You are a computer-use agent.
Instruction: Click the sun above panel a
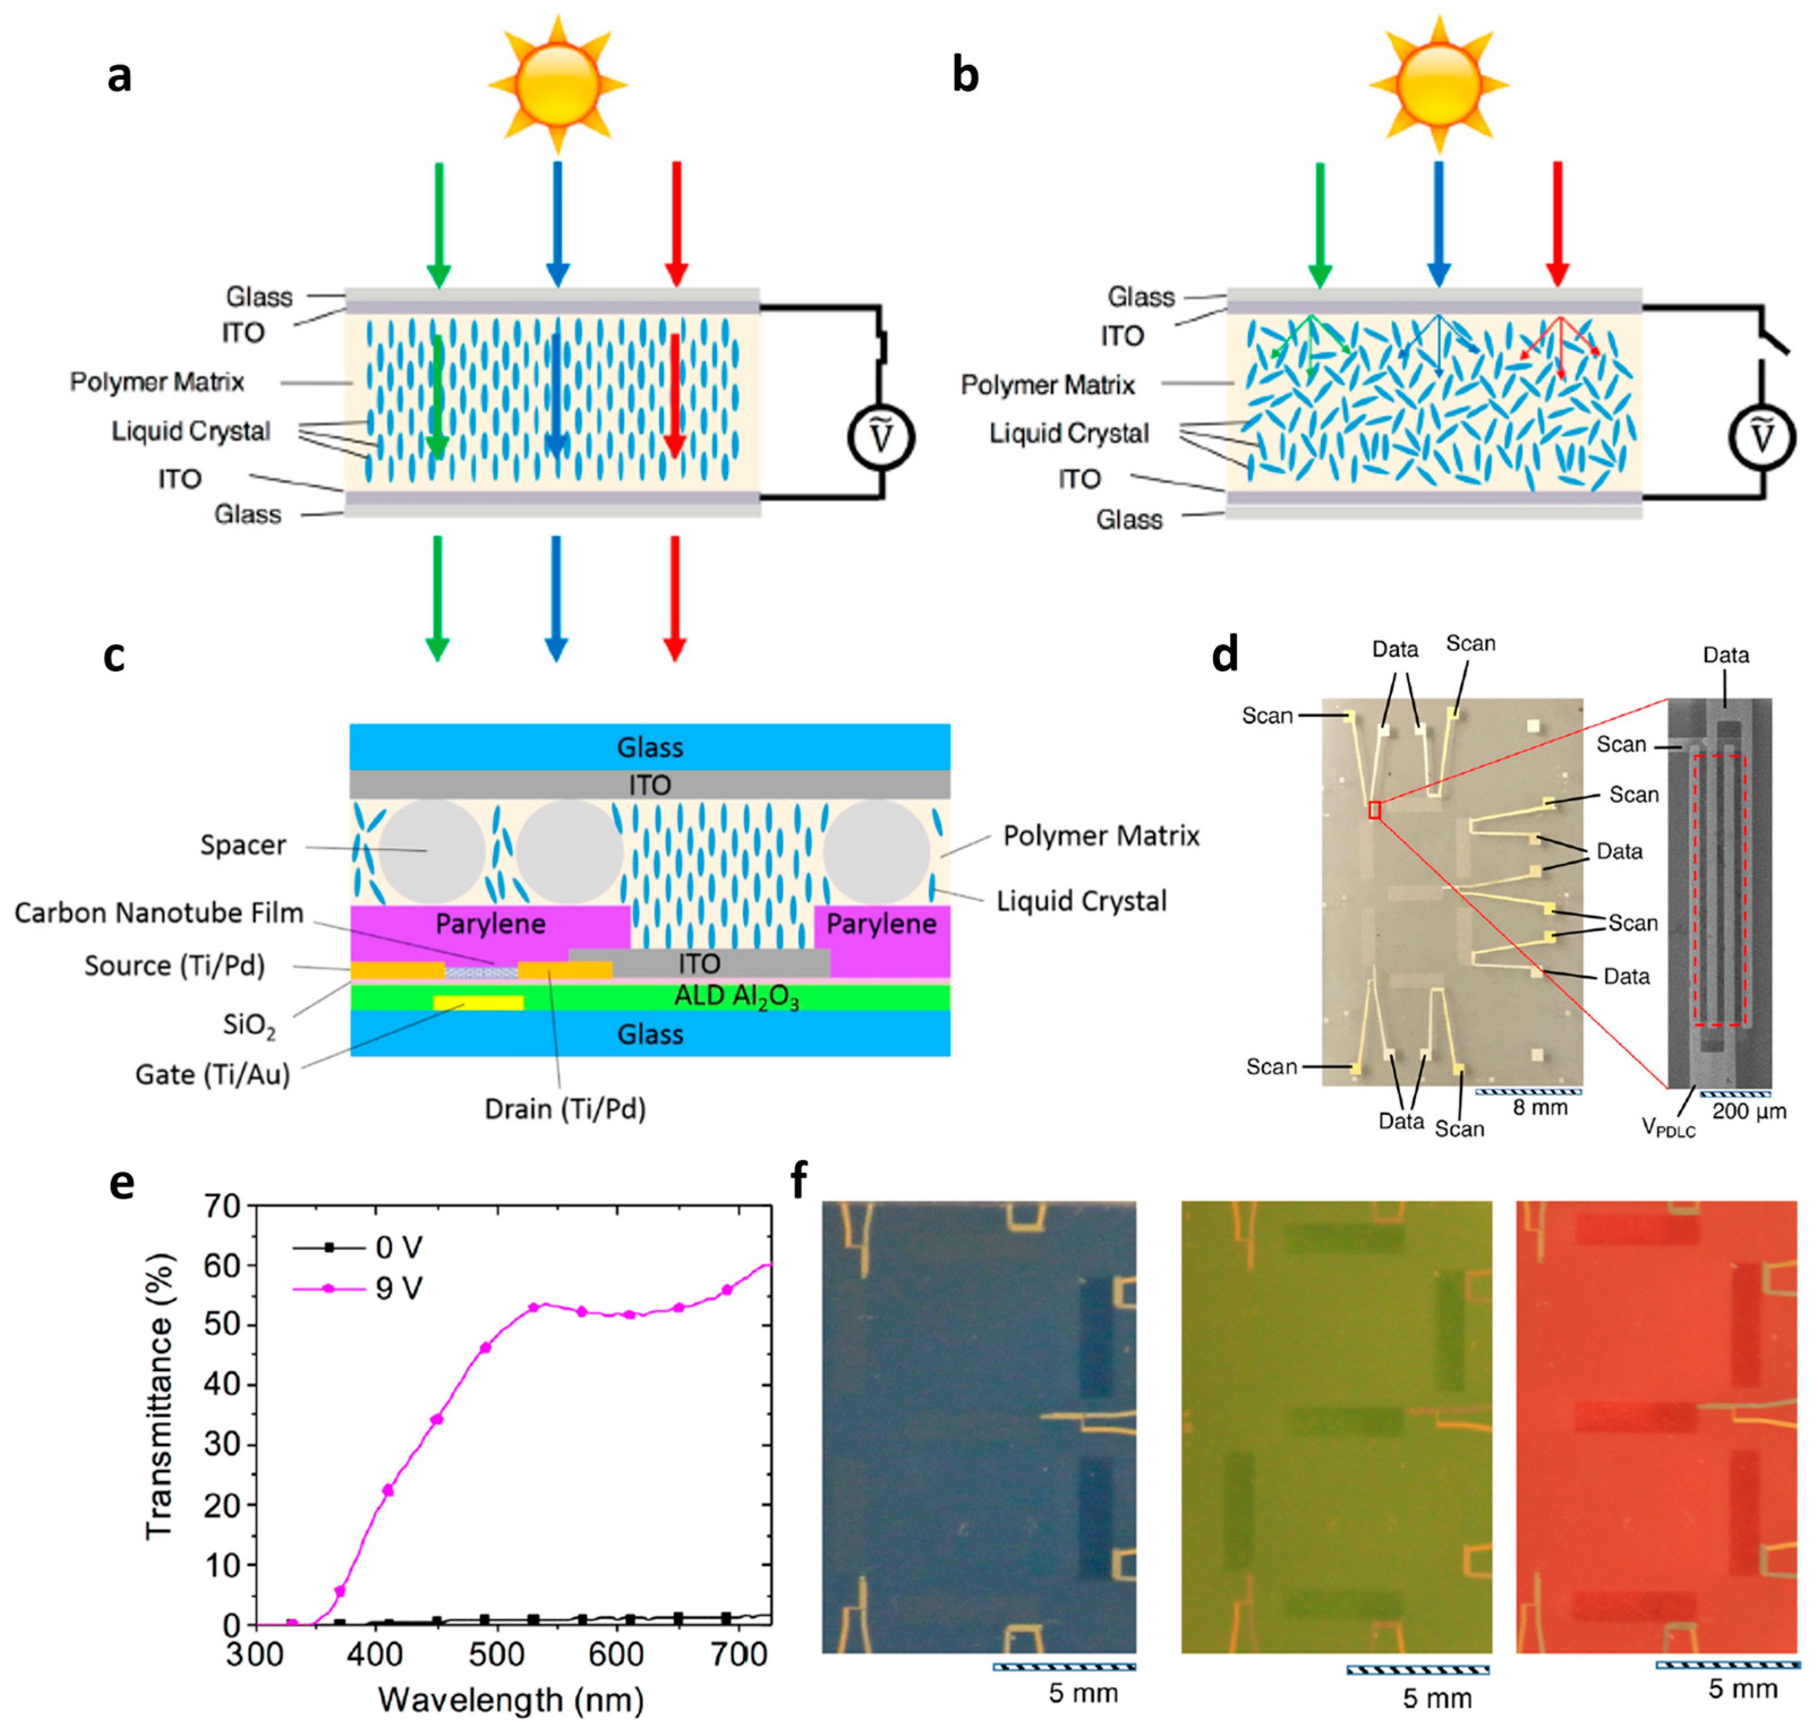tap(558, 84)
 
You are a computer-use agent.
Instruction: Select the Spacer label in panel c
tap(243, 845)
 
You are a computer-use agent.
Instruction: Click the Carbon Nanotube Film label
tap(159, 913)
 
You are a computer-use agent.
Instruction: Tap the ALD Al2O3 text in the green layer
tap(736, 997)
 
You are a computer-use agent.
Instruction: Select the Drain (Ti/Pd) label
tap(565, 1108)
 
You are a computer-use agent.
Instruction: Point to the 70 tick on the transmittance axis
tap(221, 1206)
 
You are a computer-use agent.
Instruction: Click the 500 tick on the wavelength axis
tap(496, 1653)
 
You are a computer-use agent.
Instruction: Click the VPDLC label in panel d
tap(1667, 1127)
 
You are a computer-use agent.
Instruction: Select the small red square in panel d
tap(1375, 811)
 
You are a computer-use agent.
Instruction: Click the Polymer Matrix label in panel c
tap(1100, 836)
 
